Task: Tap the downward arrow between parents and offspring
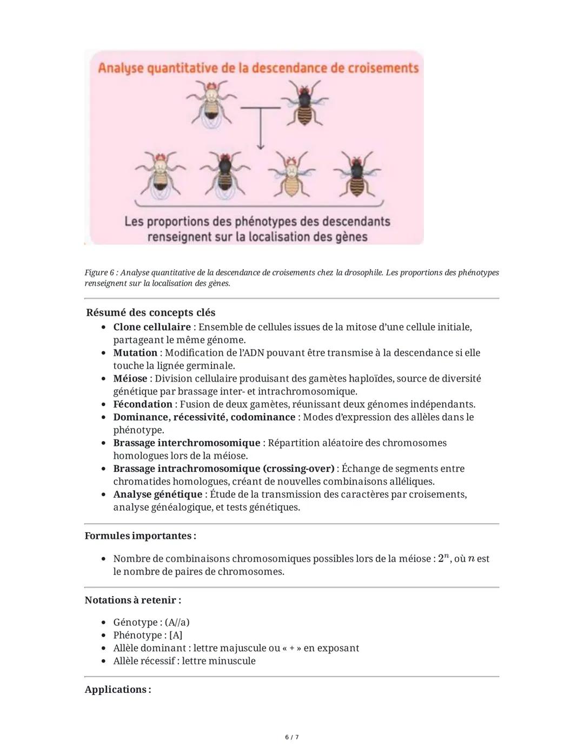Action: pos(260,130)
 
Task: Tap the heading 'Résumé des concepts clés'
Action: pos(150,312)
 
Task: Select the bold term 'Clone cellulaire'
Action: pos(152,327)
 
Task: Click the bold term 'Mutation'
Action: pos(135,353)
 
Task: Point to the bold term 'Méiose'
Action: pos(130,378)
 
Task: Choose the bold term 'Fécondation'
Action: pos(143,404)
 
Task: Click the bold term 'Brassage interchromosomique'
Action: pos(187,443)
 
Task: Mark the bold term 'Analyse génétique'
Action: pos(157,495)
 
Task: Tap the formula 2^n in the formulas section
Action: pos(443,558)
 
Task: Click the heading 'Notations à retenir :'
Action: pos(133,600)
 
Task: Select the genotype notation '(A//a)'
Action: pos(177,622)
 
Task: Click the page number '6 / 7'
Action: pos(292,737)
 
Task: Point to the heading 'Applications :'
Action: pos(118,689)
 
